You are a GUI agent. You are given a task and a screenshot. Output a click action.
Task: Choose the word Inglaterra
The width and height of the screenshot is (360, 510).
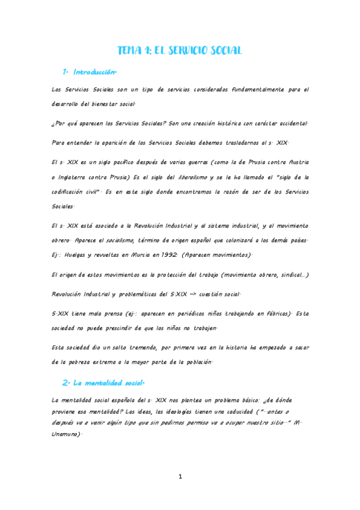78,177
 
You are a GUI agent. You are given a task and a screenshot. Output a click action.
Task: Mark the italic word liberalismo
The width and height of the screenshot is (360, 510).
192,177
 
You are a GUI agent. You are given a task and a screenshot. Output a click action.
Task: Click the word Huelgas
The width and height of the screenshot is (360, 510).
79,255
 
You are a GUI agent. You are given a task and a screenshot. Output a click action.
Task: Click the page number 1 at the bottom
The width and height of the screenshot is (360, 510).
180,477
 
